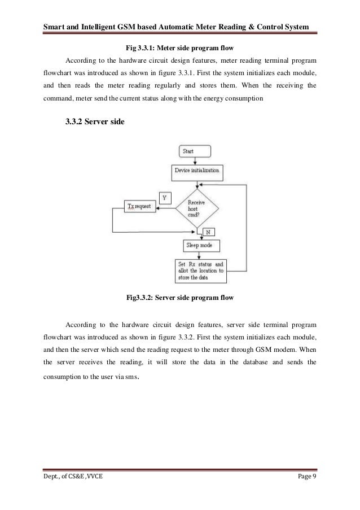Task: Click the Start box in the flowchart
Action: (195, 151)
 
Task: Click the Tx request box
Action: (140, 207)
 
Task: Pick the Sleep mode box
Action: (201, 246)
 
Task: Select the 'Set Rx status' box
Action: (200, 271)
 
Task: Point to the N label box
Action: (208, 232)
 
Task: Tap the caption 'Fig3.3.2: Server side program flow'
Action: (180, 297)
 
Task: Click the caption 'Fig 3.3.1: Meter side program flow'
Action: (180, 47)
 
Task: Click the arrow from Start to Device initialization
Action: (195, 161)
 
